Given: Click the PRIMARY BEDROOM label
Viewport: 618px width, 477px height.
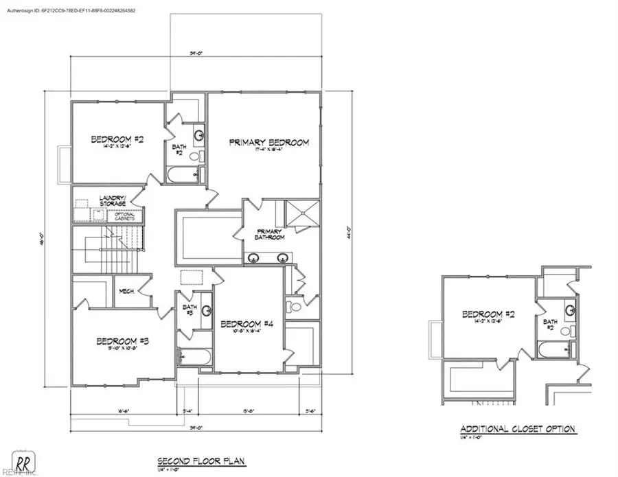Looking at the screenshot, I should pyautogui.click(x=268, y=143).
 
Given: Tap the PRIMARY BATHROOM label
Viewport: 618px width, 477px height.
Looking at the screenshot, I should pyautogui.click(x=270, y=234).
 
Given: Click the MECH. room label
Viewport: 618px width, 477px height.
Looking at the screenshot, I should pyautogui.click(x=126, y=291).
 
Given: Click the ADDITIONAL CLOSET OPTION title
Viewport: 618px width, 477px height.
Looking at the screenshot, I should pyautogui.click(x=518, y=430).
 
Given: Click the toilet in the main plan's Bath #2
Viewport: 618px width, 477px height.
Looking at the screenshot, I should pyautogui.click(x=194, y=158).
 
